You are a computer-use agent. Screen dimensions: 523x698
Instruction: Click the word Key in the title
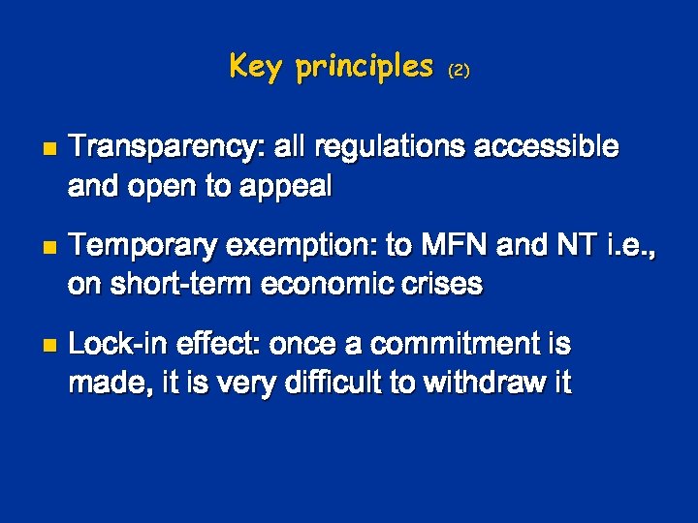pos(257,66)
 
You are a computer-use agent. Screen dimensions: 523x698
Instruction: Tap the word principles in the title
pos(365,66)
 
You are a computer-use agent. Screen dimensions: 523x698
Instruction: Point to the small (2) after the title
pos(459,70)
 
